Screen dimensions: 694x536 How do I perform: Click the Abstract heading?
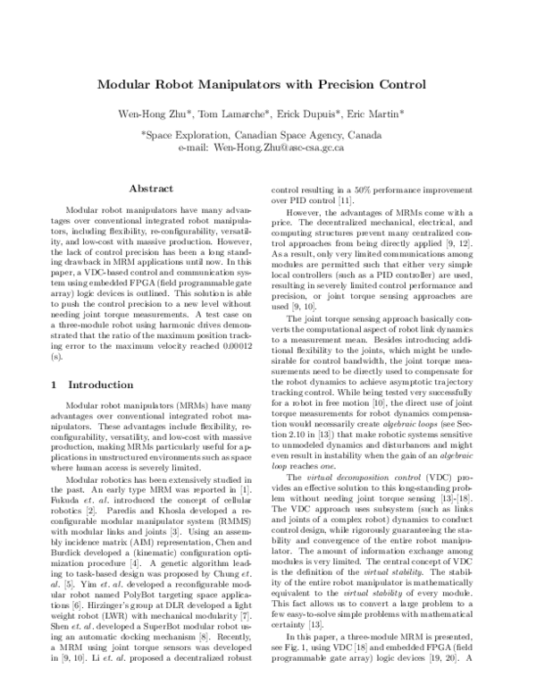point(151,190)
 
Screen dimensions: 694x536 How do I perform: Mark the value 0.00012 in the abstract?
point(234,343)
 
